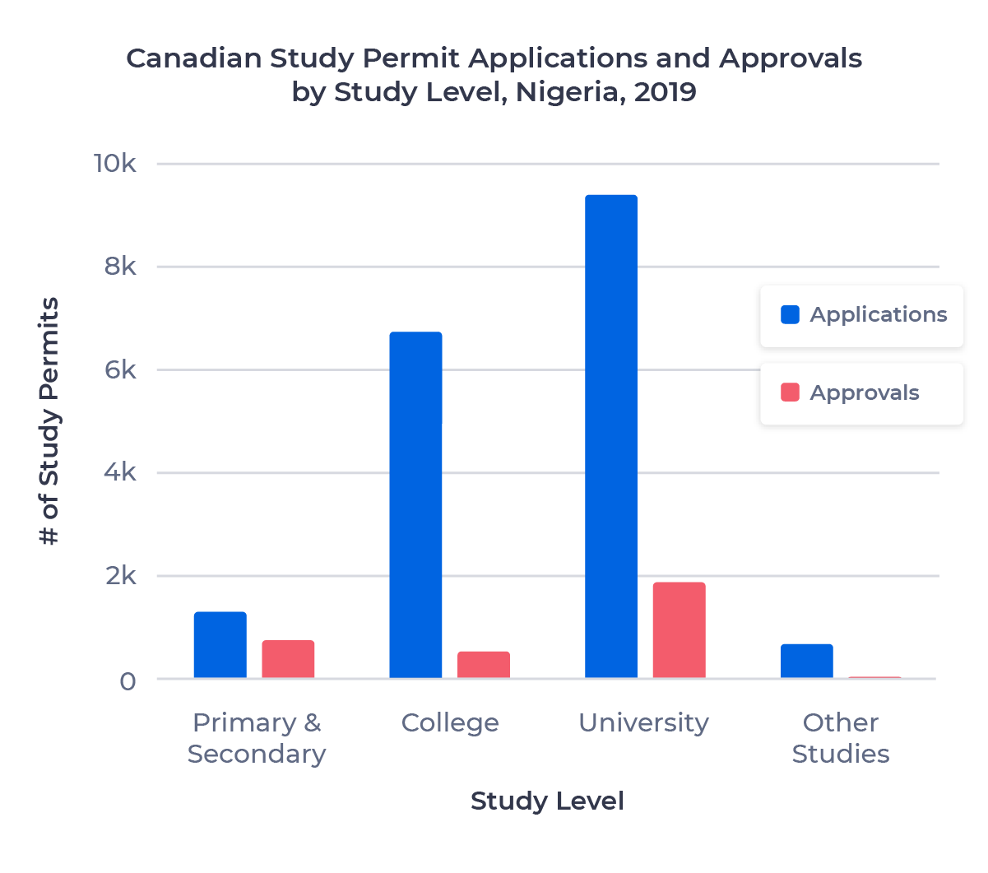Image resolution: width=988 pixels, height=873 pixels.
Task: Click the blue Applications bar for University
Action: click(x=610, y=436)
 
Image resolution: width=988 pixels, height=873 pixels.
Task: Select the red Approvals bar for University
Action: click(x=679, y=630)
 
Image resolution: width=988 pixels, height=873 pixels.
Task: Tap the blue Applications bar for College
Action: click(x=415, y=505)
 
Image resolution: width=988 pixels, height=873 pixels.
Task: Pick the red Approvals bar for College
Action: click(x=484, y=665)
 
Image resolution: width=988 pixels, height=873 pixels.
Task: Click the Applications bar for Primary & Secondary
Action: click(x=220, y=645)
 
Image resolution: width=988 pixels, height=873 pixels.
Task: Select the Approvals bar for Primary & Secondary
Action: click(x=288, y=659)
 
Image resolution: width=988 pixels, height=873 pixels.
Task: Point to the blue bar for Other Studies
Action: click(x=806, y=661)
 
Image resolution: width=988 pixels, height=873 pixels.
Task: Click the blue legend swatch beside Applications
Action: click(x=790, y=314)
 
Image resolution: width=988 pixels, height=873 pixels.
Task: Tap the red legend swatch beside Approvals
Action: click(x=790, y=392)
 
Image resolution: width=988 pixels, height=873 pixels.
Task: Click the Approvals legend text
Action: click(x=864, y=392)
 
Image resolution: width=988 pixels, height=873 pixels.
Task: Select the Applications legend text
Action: click(x=878, y=314)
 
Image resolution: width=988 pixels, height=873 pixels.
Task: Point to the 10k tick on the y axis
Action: click(x=115, y=164)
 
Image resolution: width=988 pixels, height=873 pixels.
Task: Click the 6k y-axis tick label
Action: click(x=120, y=370)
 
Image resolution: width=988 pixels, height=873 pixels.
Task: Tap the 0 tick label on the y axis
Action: click(x=128, y=681)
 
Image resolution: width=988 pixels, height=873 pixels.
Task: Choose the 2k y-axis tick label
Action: click(x=120, y=576)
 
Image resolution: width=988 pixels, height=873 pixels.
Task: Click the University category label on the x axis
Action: click(x=643, y=722)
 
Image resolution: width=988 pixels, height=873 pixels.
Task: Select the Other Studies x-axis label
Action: click(x=840, y=738)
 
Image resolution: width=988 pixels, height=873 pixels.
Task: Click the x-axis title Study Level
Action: click(x=547, y=801)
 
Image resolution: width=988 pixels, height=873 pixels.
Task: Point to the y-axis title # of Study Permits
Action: click(x=49, y=421)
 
